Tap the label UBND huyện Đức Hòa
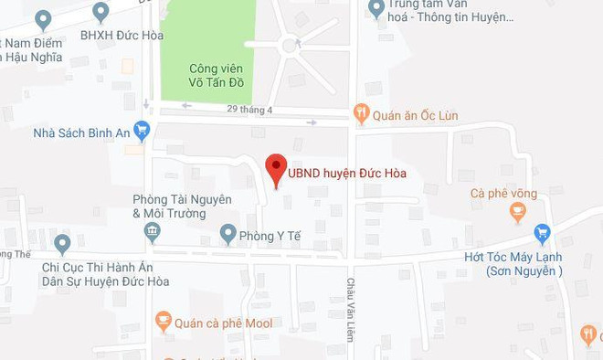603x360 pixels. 347,172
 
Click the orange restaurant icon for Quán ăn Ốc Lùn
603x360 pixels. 362,114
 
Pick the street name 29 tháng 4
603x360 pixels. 251,111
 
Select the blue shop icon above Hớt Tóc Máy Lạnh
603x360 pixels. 544,233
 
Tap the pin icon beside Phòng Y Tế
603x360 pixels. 227,234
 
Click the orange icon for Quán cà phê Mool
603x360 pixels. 163,321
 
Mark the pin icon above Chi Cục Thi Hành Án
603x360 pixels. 62,244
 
